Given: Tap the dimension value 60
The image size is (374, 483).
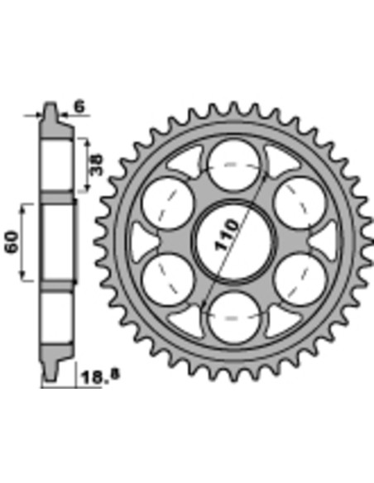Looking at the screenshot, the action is [12, 241].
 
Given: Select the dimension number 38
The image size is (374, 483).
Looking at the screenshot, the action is [97, 165].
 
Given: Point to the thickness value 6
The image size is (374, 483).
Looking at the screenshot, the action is [79, 107].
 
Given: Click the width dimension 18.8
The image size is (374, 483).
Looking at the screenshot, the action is [99, 376].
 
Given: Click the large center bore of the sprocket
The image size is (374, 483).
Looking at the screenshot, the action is [233, 241].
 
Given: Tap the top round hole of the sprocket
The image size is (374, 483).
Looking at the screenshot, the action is [233, 165].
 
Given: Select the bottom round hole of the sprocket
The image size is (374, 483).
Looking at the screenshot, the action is [233, 318].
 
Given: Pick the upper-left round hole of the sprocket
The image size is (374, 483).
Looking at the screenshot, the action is [168, 203].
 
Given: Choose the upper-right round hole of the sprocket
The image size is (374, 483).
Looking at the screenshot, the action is [300, 203].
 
